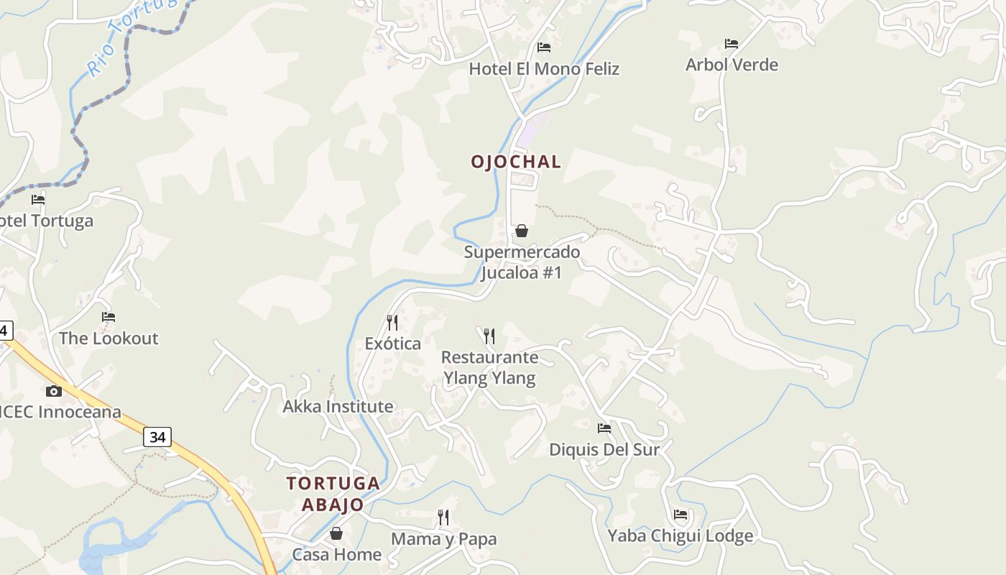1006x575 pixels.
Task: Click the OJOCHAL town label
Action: [516, 162]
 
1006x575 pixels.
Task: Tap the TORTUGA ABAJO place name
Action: [333, 493]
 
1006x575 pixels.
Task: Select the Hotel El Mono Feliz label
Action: [544, 69]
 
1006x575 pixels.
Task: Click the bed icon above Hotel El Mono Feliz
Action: [544, 47]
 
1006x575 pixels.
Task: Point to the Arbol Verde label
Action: [732, 65]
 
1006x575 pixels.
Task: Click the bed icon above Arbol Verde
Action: [732, 44]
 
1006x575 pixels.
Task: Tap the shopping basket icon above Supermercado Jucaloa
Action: [522, 231]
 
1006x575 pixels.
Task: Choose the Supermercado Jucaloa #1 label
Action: [522, 262]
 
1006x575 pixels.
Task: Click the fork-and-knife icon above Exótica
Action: [392, 322]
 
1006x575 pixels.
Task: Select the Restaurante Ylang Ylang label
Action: [489, 367]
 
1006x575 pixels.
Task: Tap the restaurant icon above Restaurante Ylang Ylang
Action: [489, 336]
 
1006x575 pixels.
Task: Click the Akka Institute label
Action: [338, 407]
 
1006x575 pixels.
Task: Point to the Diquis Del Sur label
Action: [604, 449]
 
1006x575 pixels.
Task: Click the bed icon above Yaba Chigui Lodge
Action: [680, 515]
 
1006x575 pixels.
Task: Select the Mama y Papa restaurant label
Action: [443, 539]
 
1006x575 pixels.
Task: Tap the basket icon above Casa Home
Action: [336, 533]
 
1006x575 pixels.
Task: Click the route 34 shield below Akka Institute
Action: [157, 436]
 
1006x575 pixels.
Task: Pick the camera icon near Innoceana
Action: [54, 391]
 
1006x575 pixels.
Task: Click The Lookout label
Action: [109, 339]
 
